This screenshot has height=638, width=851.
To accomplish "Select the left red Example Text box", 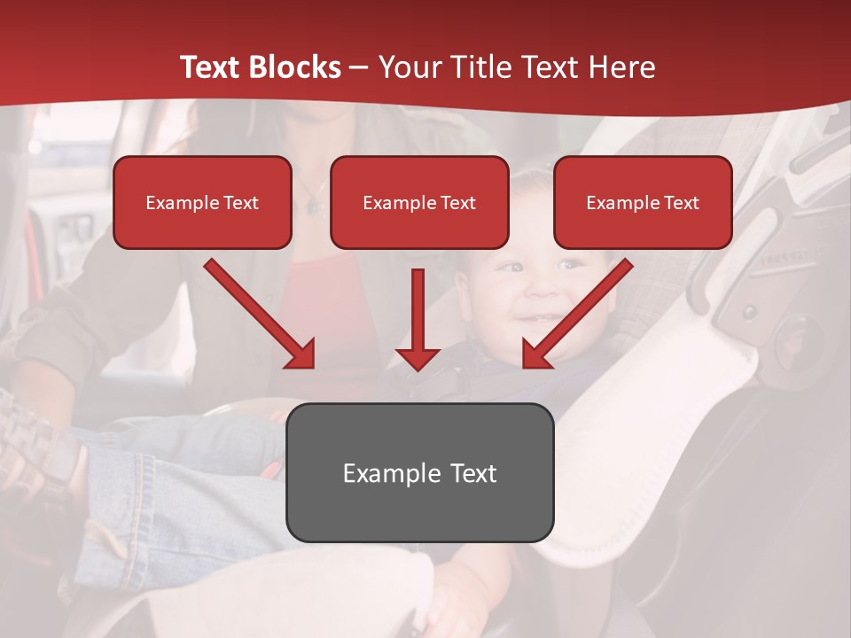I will tap(202, 203).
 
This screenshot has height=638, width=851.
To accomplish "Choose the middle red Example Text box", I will tap(419, 203).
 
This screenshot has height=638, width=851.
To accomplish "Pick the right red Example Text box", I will tap(643, 203).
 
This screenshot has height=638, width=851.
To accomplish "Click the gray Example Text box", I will tap(419, 472).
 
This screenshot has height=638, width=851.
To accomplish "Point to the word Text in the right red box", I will tap(681, 203).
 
